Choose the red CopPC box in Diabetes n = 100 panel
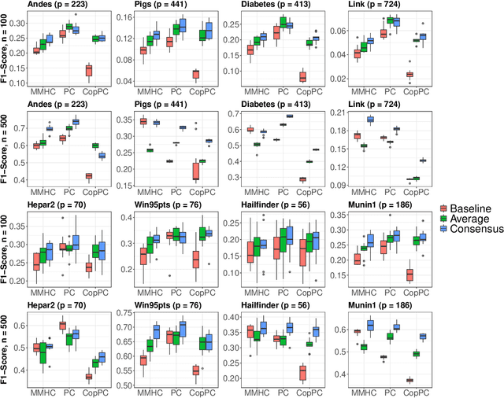tap(302, 76)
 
